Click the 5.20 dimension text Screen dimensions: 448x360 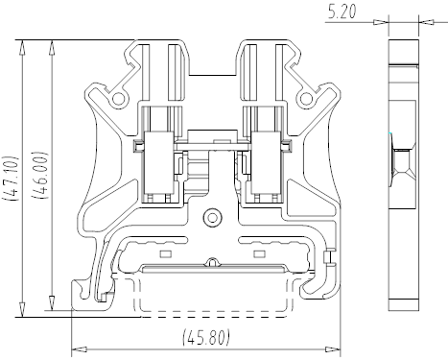pyautogui.click(x=342, y=12)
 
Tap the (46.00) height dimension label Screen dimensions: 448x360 pyautogui.click(x=41, y=175)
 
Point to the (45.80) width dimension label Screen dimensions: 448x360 pyautogui.click(x=206, y=337)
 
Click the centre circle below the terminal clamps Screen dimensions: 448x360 pyautogui.click(x=212, y=218)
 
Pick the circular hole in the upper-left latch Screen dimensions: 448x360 pyautogui.click(x=118, y=98)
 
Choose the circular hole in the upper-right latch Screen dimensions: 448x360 pyautogui.click(x=306, y=98)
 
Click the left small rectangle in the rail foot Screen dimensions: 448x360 pyautogui.click(x=166, y=253)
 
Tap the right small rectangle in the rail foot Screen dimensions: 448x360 pyautogui.click(x=259, y=253)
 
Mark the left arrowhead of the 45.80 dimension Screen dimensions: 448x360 pyautogui.click(x=79, y=349)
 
